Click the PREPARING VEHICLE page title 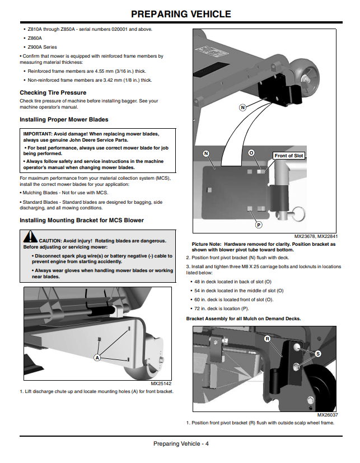[181, 14]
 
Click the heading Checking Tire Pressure [53, 93]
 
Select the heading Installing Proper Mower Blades [64, 120]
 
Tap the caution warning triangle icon [30, 237]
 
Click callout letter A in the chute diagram [97, 358]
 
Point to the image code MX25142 [161, 384]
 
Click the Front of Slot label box [289, 156]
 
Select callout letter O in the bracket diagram [251, 153]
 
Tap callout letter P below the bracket [259, 225]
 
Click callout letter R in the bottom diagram [268, 339]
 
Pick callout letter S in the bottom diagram [318, 354]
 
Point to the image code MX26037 [328, 415]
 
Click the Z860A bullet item [35, 38]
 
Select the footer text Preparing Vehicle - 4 [181, 443]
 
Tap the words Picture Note [207, 244]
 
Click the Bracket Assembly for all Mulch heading [244, 319]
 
